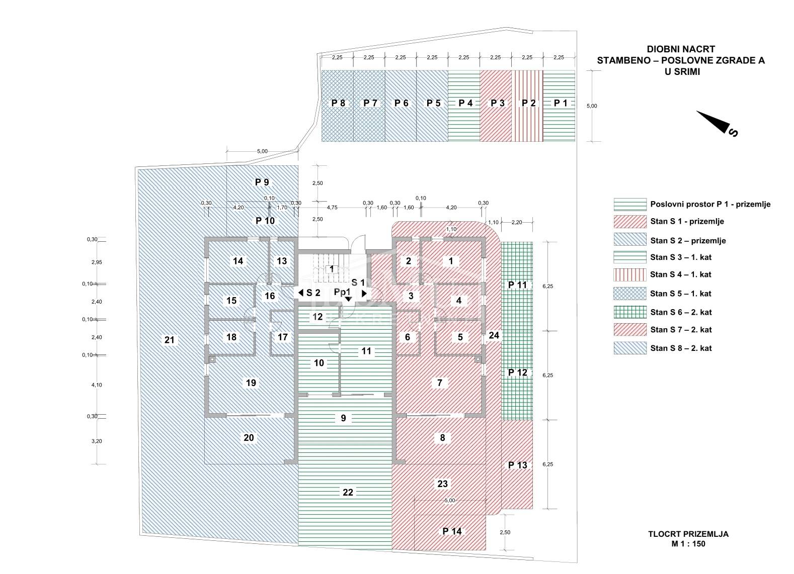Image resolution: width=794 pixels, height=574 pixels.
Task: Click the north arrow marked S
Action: click(x=718, y=124)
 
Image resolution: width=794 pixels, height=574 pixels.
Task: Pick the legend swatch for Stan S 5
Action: click(x=630, y=294)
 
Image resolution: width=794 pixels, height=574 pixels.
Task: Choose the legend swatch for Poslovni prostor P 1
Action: click(x=630, y=204)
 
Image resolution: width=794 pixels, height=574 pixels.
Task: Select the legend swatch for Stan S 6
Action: click(x=630, y=312)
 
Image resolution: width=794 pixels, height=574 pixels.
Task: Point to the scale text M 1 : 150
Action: click(x=695, y=543)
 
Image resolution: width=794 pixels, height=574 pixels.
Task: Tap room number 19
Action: click(x=251, y=383)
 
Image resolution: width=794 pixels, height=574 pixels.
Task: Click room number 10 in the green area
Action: click(x=319, y=363)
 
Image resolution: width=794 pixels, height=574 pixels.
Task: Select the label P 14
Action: click(x=451, y=531)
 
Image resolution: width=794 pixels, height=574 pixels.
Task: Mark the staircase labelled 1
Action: click(x=331, y=269)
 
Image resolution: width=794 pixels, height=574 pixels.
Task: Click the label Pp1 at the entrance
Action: click(x=342, y=292)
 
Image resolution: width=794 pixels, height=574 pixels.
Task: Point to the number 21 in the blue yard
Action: click(x=169, y=340)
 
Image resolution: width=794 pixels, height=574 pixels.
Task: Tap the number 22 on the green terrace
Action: click(x=348, y=492)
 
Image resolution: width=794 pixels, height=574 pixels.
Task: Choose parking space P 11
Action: click(x=517, y=285)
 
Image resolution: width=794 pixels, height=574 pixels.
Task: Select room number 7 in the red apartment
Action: click(x=440, y=383)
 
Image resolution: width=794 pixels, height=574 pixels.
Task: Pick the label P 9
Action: click(x=262, y=182)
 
